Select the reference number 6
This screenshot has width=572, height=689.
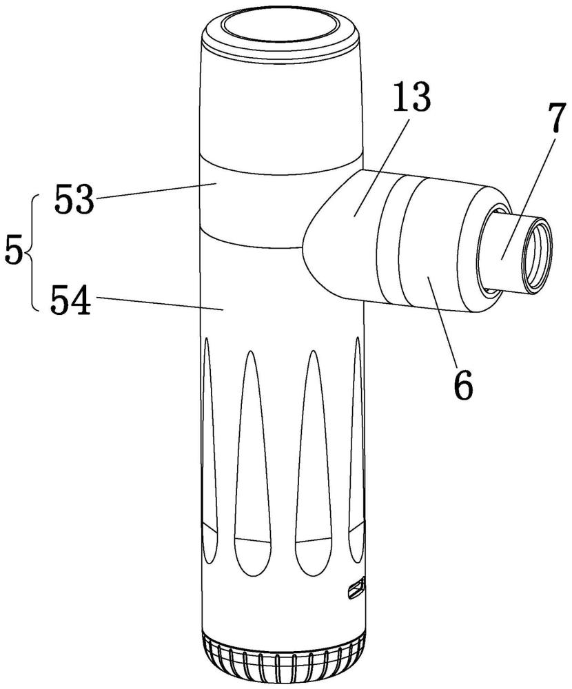click(463, 384)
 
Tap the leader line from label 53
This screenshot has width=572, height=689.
click(156, 190)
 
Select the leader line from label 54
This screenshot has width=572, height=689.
click(159, 304)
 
